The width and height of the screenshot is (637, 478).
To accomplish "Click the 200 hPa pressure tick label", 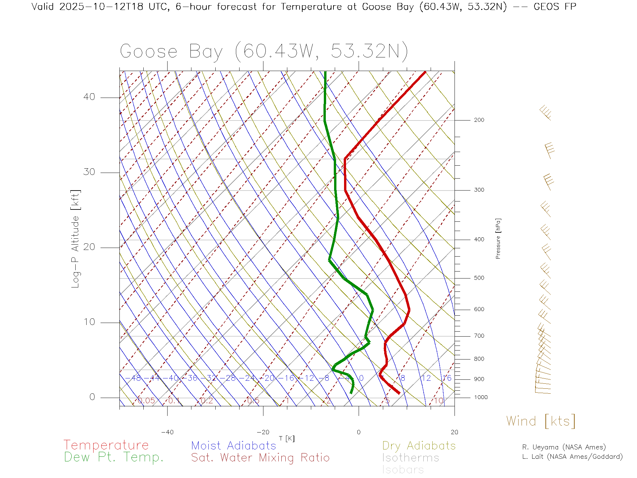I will click(479, 120).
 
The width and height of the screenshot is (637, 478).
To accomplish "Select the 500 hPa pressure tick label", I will click(479, 278).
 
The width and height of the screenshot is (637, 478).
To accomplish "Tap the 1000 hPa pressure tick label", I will click(481, 397).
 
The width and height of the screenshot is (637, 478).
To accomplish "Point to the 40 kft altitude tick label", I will click(89, 97).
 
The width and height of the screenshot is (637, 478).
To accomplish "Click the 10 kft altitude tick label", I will click(89, 322).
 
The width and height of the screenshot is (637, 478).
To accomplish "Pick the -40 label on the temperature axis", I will click(167, 432).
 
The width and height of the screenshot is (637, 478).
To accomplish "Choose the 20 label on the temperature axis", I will click(454, 432).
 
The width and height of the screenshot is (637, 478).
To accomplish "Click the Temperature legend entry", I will click(106, 445).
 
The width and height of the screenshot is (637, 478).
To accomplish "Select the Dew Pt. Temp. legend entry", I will click(114, 457).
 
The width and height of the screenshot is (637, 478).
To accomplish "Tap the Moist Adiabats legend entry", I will click(234, 445).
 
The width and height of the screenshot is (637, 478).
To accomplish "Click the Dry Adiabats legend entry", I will click(419, 445).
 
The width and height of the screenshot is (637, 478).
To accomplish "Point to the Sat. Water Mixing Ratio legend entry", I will click(260, 458).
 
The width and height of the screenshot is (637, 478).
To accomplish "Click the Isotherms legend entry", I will click(410, 458).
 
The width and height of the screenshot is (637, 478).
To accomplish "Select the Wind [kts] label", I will click(540, 421).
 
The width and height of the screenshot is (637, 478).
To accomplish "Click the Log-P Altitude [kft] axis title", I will click(75, 239).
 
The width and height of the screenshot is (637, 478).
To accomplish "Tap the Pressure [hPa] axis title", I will click(498, 238).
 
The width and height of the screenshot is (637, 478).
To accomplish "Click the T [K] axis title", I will click(287, 438).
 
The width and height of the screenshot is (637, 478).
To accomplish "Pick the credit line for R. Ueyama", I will click(564, 447).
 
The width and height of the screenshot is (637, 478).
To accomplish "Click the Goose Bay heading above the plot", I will click(264, 52).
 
